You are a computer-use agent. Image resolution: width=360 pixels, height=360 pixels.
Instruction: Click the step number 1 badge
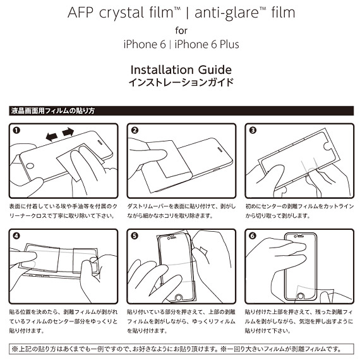click(x=16, y=130)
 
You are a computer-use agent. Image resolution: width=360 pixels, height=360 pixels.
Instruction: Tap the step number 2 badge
click(x=135, y=130)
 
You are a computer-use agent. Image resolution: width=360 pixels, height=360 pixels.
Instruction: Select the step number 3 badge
click(x=253, y=130)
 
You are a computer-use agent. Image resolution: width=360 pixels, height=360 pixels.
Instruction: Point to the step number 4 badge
click(x=16, y=236)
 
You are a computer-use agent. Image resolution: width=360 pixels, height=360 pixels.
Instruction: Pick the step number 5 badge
click(x=135, y=236)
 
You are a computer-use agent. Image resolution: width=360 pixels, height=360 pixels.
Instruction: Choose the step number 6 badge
click(x=253, y=236)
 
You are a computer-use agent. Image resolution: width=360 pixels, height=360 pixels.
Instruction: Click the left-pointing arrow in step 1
click(x=52, y=136)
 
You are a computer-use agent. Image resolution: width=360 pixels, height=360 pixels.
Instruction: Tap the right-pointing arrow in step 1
click(x=68, y=132)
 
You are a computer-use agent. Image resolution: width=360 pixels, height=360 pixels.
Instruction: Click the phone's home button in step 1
click(x=30, y=165)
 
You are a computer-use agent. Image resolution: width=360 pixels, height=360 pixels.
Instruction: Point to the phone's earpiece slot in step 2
click(x=220, y=150)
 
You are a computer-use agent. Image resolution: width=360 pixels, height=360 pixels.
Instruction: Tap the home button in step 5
click(x=179, y=297)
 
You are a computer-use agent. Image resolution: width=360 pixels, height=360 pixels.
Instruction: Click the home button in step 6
click(x=300, y=296)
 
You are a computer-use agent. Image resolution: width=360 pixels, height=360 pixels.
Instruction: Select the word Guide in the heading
click(x=215, y=70)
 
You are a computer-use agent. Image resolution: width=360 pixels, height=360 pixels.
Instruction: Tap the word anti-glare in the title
click(x=227, y=13)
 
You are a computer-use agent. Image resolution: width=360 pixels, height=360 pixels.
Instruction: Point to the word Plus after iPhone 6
click(x=229, y=44)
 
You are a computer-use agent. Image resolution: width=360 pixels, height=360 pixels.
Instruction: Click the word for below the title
click(x=181, y=30)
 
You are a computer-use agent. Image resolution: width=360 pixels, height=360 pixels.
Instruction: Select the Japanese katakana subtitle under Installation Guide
click(x=181, y=83)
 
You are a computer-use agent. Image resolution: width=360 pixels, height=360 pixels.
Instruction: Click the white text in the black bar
click(x=53, y=111)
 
